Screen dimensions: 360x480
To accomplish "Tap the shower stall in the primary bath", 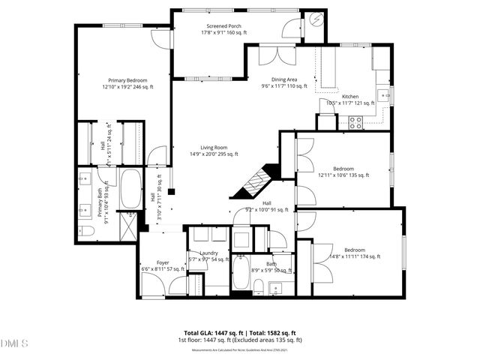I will click(x=129, y=224).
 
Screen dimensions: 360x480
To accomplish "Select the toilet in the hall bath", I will click(x=258, y=287).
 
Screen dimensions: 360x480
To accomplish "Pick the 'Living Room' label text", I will click(x=213, y=148).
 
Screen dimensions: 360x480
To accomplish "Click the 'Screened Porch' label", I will click(x=219, y=26).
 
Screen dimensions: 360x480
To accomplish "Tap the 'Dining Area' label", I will click(x=284, y=79).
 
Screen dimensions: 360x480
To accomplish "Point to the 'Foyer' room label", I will click(x=163, y=263).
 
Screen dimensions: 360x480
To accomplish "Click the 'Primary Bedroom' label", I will click(x=127, y=80).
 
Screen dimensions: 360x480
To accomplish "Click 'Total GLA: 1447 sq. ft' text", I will click(x=212, y=332).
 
